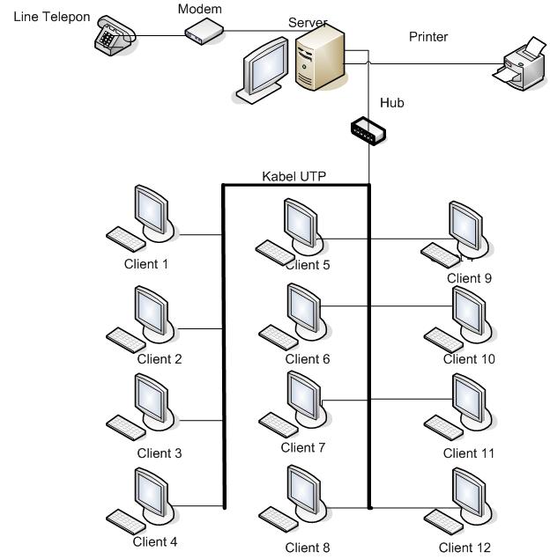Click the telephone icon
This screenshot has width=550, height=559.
tap(115, 35)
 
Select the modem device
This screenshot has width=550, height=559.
tap(204, 32)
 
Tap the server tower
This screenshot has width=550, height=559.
tap(320, 57)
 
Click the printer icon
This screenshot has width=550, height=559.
tap(520, 64)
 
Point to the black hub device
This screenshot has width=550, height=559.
tap(368, 131)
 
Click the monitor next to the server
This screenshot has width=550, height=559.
tap(265, 70)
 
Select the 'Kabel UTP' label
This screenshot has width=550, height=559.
tap(294, 176)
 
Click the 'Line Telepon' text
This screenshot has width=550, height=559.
tap(52, 17)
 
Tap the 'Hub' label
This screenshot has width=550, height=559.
tap(392, 103)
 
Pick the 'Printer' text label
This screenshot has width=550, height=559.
tap(428, 37)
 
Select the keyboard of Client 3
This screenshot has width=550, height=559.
tap(126, 427)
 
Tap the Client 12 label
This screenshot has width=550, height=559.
tap(465, 548)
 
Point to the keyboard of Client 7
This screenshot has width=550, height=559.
tap(279, 425)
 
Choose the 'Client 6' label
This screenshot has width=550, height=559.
tap(308, 359)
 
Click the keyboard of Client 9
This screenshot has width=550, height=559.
tap(441, 255)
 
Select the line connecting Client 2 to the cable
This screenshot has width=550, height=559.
tap(201, 328)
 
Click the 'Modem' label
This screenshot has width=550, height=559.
tap(200, 9)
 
